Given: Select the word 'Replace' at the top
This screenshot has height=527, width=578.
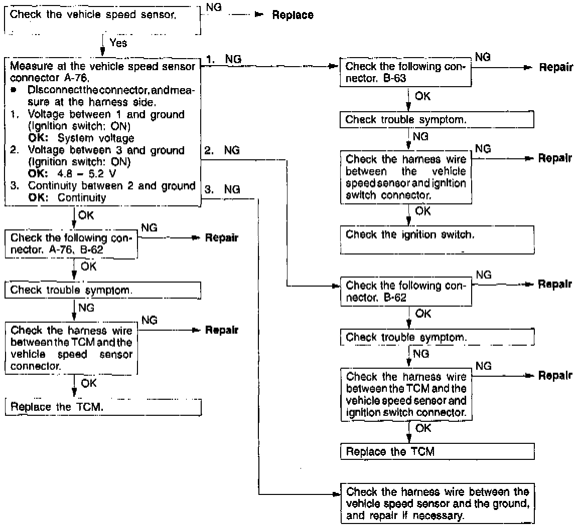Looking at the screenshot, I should tap(293, 15).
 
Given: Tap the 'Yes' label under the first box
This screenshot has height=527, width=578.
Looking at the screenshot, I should tap(118, 43).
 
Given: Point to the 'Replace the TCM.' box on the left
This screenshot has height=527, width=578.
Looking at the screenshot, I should tap(103, 407).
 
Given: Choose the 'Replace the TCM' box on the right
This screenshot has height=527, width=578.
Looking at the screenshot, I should tap(437, 451).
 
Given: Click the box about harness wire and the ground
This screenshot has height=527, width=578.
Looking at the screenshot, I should tap(437, 503).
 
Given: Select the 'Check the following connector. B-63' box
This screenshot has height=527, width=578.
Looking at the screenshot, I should tap(406, 73).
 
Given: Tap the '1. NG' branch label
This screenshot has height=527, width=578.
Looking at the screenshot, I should tap(224, 59).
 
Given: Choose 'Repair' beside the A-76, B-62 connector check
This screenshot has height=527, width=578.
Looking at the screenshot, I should tap(221, 237).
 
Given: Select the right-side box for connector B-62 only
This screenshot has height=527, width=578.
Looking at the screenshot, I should tap(406, 292).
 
